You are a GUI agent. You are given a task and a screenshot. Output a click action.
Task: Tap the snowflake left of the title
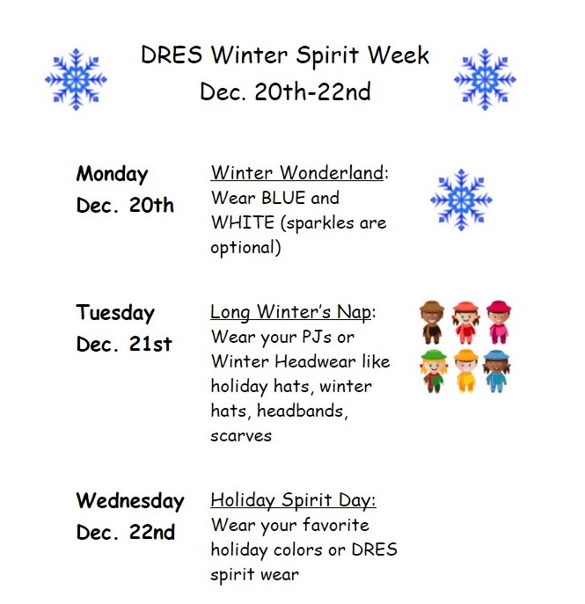point(77,79)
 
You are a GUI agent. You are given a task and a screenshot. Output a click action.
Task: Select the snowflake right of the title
point(485,79)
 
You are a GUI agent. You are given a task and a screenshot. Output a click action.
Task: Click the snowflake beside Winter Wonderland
point(461,200)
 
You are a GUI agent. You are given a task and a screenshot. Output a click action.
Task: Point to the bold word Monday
point(112,174)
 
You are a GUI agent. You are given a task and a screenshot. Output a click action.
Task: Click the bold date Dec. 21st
point(124,345)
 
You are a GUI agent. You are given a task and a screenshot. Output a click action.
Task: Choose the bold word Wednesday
point(130,501)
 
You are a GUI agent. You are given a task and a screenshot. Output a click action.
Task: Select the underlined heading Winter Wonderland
point(297,173)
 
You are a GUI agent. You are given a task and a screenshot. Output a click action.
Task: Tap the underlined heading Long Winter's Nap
point(291,312)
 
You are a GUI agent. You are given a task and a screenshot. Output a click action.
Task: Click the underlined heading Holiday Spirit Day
point(292,500)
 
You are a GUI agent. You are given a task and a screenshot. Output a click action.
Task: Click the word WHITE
point(243,222)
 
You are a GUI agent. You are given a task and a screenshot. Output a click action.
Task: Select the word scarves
point(241,435)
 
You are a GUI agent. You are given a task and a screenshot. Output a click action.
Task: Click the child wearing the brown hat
point(433,322)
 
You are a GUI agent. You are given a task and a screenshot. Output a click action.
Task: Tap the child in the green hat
point(433,370)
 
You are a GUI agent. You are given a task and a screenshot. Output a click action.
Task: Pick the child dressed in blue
point(498,370)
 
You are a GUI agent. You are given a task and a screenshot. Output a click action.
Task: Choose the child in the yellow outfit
point(465,370)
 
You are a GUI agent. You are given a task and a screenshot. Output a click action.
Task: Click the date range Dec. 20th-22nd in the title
point(285,91)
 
